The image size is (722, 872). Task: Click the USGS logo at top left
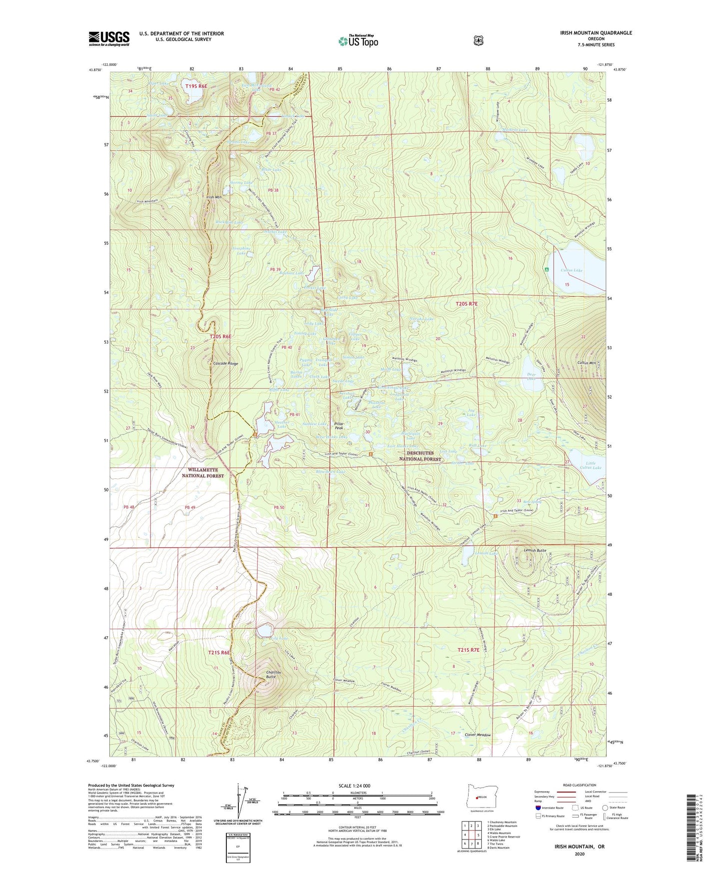pos(109,38)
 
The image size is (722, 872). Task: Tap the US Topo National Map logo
pos(358,41)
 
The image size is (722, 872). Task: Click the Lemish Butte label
pos(535,550)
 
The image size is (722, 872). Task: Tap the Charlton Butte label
pos(273,675)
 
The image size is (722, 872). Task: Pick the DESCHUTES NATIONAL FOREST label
pos(420,456)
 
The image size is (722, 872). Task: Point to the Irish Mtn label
pos(213,197)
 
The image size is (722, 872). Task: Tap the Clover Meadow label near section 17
pos(478,735)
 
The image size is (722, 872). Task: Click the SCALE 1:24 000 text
pos(354,786)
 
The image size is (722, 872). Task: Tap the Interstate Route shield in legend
pos(538,807)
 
